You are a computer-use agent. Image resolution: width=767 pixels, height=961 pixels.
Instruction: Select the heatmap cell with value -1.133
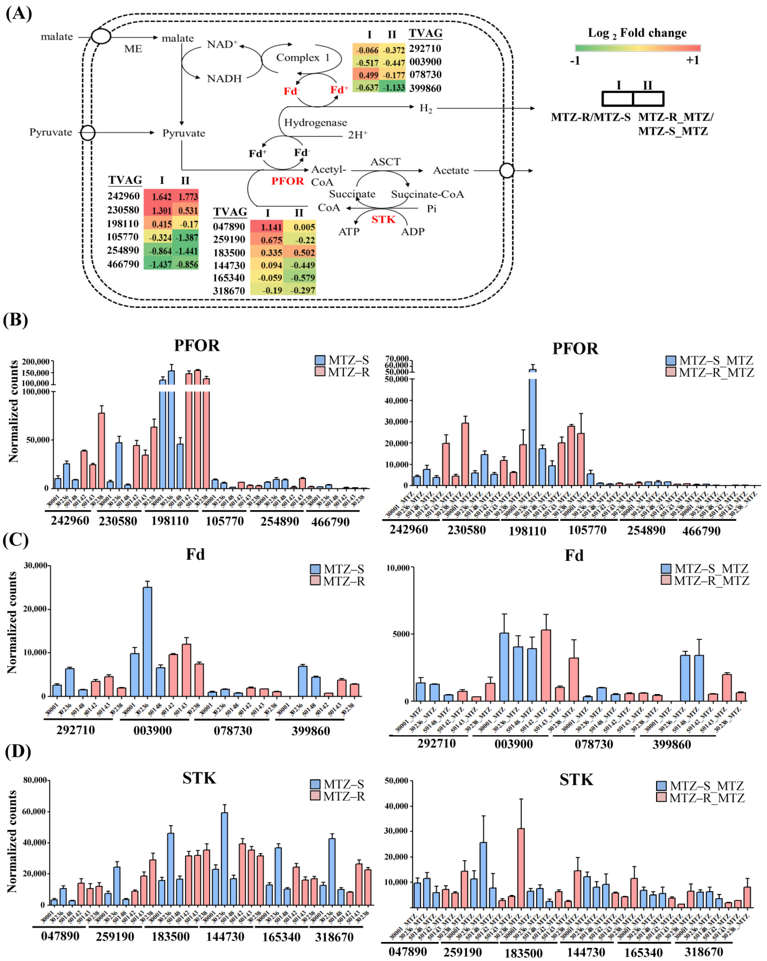tap(392, 87)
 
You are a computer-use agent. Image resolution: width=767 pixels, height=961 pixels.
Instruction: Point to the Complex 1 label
tap(302, 57)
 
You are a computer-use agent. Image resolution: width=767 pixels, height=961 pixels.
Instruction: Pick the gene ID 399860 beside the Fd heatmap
tap(425, 88)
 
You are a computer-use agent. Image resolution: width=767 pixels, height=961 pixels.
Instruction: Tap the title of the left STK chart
tap(199, 778)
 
